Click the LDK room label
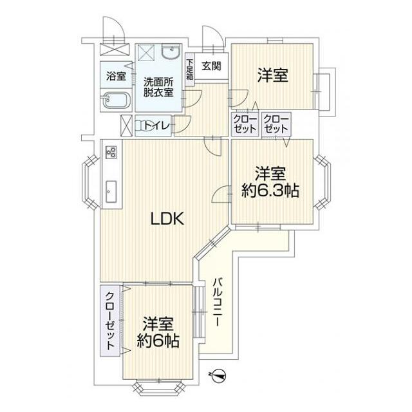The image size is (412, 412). [x=168, y=219]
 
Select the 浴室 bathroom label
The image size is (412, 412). [x=116, y=76]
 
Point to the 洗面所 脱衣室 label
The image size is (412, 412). [x=158, y=87]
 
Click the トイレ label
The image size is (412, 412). [x=157, y=126]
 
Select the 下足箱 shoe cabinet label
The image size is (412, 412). [x=190, y=69]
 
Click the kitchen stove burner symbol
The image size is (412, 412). [x=111, y=153]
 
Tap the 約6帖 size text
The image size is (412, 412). [x=158, y=341]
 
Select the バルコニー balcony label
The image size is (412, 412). [x=218, y=303]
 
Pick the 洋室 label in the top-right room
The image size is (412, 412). [x=272, y=76]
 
